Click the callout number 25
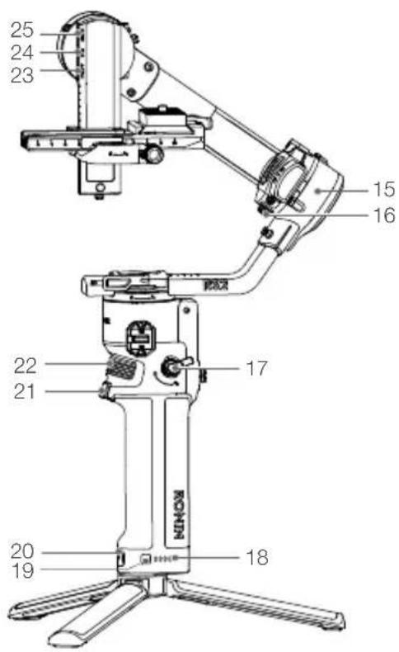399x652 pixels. (x=21, y=30)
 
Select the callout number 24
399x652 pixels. (x=21, y=52)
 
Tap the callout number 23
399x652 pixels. (x=21, y=75)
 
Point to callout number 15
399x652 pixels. (x=384, y=189)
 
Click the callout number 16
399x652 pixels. (x=384, y=215)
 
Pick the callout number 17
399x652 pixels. (x=256, y=368)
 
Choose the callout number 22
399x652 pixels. (x=26, y=366)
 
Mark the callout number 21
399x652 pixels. (x=25, y=392)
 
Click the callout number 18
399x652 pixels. (x=257, y=557)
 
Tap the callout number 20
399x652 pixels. (x=22, y=551)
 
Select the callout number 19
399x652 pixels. (x=22, y=570)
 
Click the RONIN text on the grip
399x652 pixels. (x=178, y=514)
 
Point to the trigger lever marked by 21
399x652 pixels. (x=106, y=391)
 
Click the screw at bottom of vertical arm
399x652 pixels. (x=100, y=190)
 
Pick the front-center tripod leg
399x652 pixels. (x=98, y=612)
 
